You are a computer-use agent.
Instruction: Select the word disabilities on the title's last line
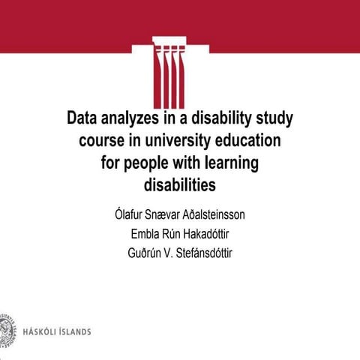coord(179,183)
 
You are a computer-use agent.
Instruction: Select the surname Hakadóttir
coord(203,233)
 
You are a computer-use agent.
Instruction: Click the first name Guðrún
coord(147,252)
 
